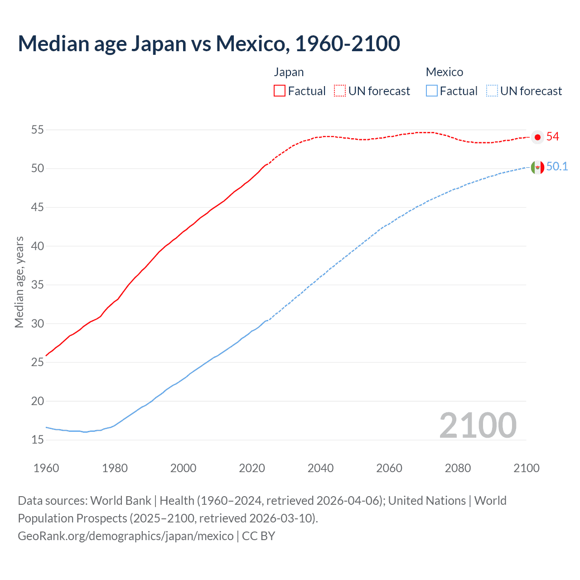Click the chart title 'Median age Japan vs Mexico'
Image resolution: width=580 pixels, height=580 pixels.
(208, 43)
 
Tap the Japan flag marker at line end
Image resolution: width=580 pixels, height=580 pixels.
(537, 137)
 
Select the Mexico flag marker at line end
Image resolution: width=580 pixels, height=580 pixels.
(537, 167)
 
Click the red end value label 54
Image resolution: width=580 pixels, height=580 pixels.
(553, 137)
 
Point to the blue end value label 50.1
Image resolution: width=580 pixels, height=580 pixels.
(557, 167)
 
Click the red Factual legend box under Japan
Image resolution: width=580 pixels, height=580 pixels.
(280, 91)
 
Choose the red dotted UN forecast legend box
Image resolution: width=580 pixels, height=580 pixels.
(340, 91)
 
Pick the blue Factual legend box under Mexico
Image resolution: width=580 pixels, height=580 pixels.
(432, 91)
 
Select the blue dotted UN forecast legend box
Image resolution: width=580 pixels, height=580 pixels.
(492, 91)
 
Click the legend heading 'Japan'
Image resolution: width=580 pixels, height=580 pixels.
(289, 72)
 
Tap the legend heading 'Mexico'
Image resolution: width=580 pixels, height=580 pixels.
(444, 72)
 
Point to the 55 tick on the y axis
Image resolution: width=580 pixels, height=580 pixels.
(37, 130)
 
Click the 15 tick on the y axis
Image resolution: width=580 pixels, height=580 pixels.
(37, 440)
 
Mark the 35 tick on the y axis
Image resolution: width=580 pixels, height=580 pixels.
(37, 285)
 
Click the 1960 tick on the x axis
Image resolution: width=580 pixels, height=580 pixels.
(46, 468)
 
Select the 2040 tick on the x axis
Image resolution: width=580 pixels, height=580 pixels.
(320, 468)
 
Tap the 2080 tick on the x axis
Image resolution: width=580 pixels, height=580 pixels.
(458, 468)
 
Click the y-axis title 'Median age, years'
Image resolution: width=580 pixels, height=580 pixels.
(19, 282)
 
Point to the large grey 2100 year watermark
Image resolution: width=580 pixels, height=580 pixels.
(478, 425)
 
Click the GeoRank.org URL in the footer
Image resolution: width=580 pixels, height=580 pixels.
(126, 536)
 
